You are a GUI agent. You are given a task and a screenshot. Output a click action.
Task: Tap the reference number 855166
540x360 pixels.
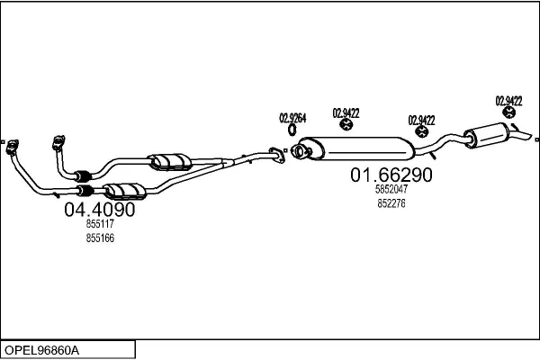point(99,238)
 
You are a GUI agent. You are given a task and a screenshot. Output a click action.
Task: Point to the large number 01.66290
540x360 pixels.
point(391,175)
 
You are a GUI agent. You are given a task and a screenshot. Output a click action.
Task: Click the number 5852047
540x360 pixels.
point(391,190)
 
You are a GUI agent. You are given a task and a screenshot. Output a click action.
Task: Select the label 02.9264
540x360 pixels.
point(292,117)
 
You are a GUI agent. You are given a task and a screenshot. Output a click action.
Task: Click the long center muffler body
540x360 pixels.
point(351,146)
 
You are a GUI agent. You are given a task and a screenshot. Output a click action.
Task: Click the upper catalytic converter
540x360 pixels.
point(170,159)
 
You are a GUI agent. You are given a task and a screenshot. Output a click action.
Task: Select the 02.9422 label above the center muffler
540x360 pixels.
point(346,112)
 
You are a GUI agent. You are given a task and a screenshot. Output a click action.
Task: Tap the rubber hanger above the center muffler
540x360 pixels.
point(346,127)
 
